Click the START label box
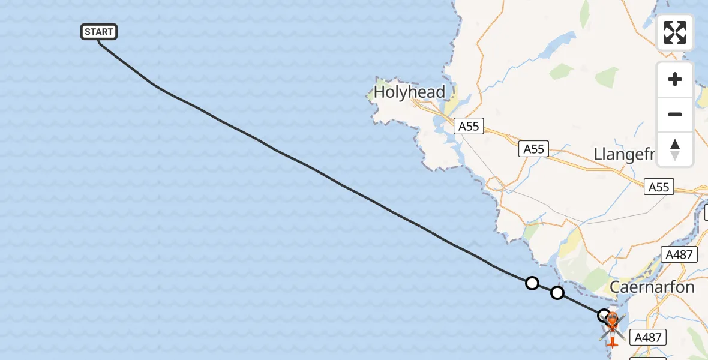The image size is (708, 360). click(99, 32)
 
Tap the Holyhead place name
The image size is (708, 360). click(409, 92)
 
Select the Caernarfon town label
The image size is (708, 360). click(652, 287)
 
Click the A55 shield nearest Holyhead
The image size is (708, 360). click(469, 126)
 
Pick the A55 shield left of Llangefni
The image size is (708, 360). click(534, 149)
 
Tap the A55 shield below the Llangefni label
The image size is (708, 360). click(658, 187)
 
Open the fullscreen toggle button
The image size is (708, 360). click(675, 32)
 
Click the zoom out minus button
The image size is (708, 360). click(675, 114)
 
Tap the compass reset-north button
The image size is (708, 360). click(675, 149)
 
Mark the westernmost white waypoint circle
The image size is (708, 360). click(532, 283)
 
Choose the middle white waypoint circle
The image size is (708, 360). click(557, 293)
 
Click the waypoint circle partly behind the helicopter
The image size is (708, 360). click(603, 314)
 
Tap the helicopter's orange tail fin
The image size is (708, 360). click(612, 343)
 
